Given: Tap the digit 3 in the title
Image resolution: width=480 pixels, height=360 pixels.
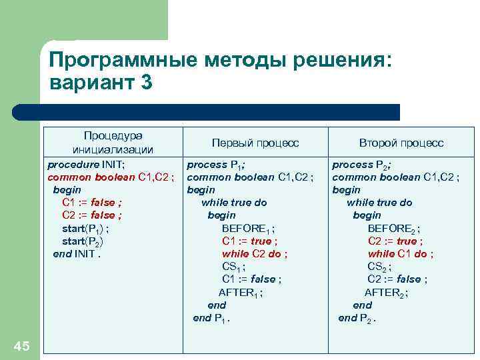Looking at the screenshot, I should [x=147, y=83].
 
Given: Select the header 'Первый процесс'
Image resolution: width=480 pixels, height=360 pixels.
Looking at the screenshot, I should [x=255, y=143].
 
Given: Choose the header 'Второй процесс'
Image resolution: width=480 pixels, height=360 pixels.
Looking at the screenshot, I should [x=401, y=143].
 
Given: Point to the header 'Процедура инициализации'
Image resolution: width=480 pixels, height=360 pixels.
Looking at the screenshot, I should [x=113, y=142].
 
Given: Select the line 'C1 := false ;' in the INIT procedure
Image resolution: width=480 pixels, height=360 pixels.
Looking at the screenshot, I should [x=91, y=202].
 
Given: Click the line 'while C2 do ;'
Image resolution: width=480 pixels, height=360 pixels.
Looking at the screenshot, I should [x=255, y=253].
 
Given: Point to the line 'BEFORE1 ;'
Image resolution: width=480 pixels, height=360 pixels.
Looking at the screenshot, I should [x=247, y=228].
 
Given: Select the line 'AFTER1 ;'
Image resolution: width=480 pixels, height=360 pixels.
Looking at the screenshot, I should [x=241, y=292].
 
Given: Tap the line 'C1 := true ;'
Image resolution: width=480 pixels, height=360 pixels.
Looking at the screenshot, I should [x=250, y=241].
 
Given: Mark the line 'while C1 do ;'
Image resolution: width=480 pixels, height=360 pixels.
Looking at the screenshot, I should [x=401, y=253].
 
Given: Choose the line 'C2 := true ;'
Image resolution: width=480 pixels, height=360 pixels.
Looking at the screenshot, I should [x=395, y=241].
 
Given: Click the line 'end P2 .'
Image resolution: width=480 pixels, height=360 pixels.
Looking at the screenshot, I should [x=357, y=317].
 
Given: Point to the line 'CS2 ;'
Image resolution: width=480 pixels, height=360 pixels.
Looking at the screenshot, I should [x=380, y=266].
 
